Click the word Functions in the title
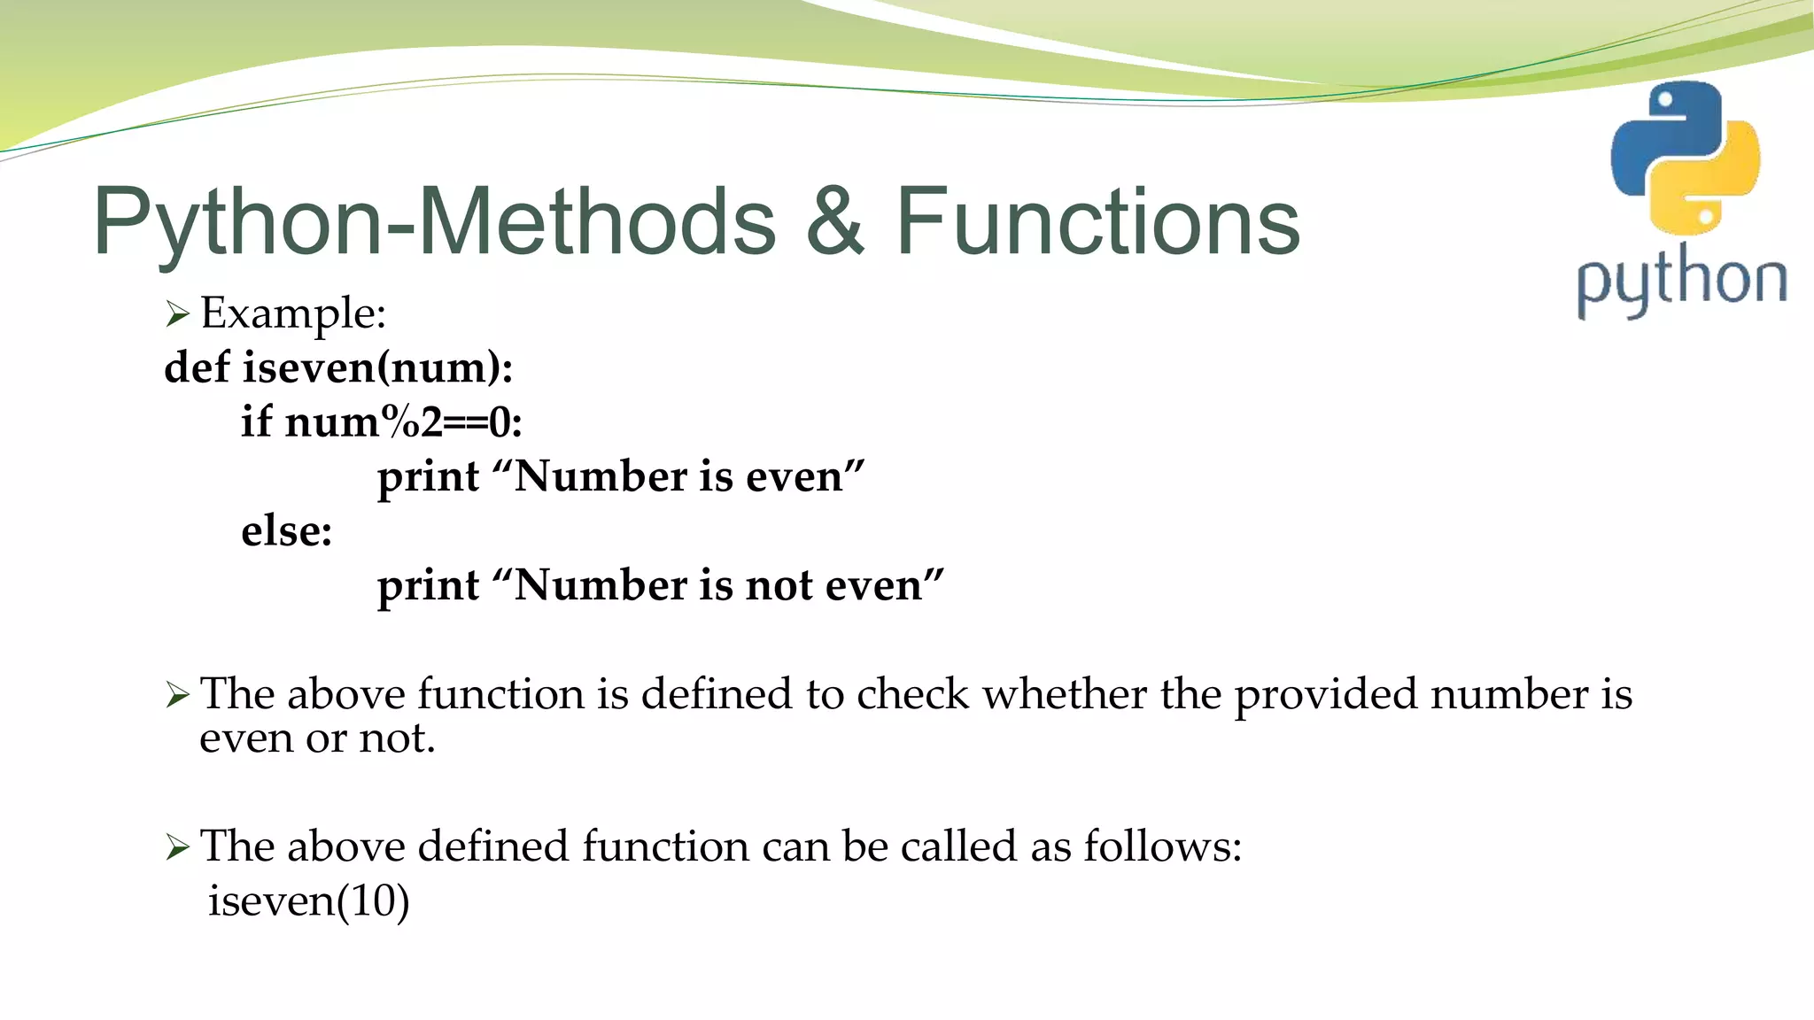[x=1097, y=221]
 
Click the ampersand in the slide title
[x=834, y=221]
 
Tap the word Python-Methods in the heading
[x=434, y=223]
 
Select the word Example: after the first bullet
[x=293, y=313]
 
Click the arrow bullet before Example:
[x=177, y=314]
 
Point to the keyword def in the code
[x=197, y=367]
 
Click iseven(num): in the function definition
[x=377, y=368]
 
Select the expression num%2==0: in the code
[x=403, y=422]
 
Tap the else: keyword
[x=286, y=531]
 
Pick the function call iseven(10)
[x=308, y=901]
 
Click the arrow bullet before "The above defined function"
[x=177, y=847]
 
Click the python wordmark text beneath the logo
[x=1680, y=282]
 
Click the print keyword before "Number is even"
[x=428, y=478]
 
